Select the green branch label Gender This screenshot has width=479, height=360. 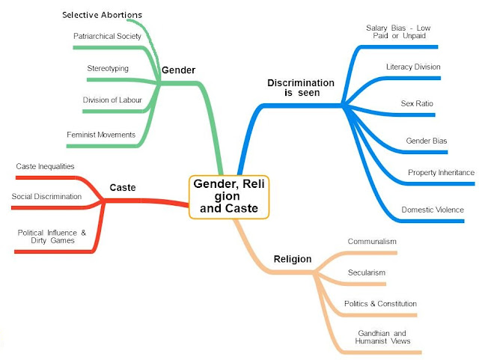click(x=178, y=70)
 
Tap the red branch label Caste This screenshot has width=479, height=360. click(x=122, y=187)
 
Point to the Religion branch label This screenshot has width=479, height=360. click(x=290, y=260)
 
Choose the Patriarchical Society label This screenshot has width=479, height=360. click(x=106, y=36)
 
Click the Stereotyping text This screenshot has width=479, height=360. click(x=108, y=68)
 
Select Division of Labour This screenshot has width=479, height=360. click(x=109, y=100)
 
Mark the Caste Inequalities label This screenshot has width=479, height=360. click(x=45, y=165)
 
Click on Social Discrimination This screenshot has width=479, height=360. click(x=46, y=196)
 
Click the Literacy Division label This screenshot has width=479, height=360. click(x=413, y=67)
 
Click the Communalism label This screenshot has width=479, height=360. click(x=372, y=242)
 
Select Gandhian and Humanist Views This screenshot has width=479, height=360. click(x=374, y=337)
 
